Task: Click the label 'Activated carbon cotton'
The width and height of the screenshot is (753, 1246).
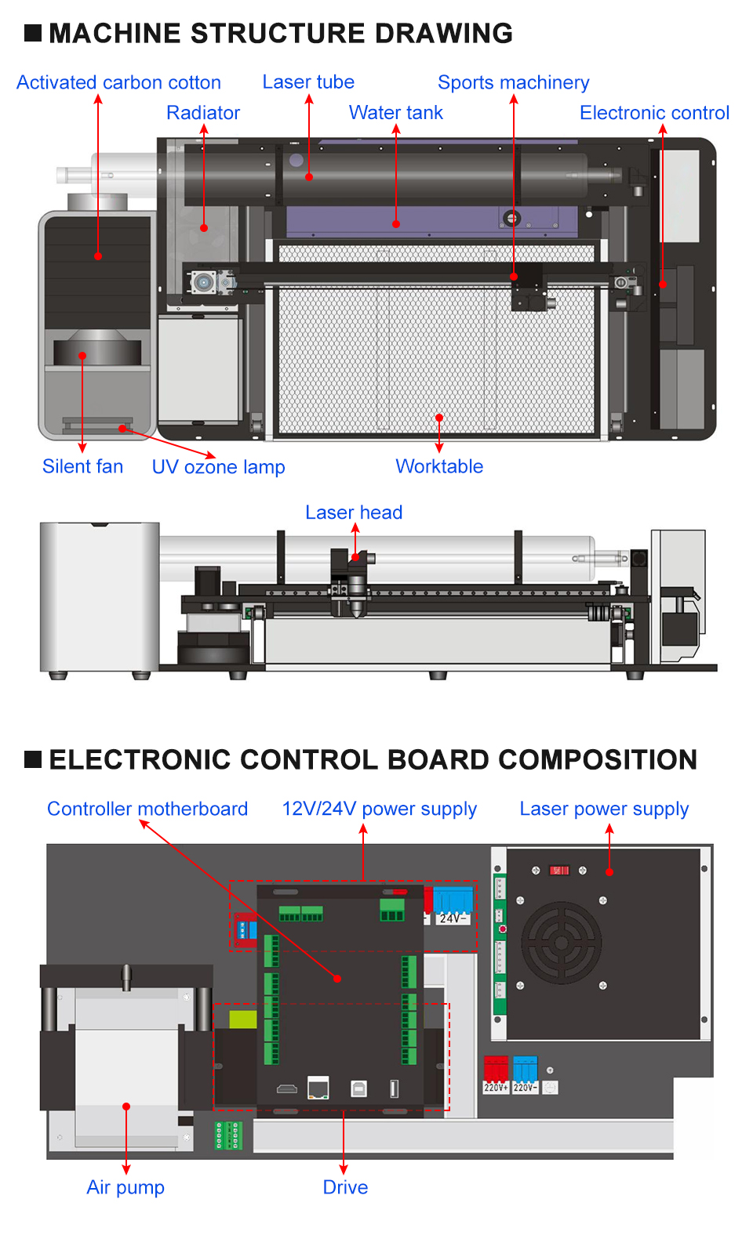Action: pos(118,82)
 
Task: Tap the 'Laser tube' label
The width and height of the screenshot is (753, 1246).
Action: pos(308,81)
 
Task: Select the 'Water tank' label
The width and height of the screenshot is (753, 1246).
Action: pos(396,112)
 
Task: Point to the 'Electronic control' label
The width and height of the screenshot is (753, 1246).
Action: pos(654,113)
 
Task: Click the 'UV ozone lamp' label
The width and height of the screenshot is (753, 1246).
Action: pos(218,467)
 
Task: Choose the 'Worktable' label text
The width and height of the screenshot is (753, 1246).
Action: pos(439,466)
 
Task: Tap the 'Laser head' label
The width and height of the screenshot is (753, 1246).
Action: pos(354,513)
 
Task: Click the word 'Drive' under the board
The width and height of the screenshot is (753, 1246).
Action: pos(345,1187)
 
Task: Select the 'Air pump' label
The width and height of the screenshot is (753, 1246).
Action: pos(125,1187)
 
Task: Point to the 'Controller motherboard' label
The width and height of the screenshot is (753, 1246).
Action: pos(147,809)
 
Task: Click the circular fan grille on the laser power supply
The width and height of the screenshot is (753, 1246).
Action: pos(562,943)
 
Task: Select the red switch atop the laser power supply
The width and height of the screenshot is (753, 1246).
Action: pos(559,870)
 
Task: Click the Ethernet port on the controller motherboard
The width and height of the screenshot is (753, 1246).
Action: pos(318,1088)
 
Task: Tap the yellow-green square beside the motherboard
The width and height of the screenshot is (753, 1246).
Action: pos(243,1019)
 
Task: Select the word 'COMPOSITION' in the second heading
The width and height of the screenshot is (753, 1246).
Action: pos(597,759)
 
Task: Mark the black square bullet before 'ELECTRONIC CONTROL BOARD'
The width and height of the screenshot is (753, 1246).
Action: pos(33,759)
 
